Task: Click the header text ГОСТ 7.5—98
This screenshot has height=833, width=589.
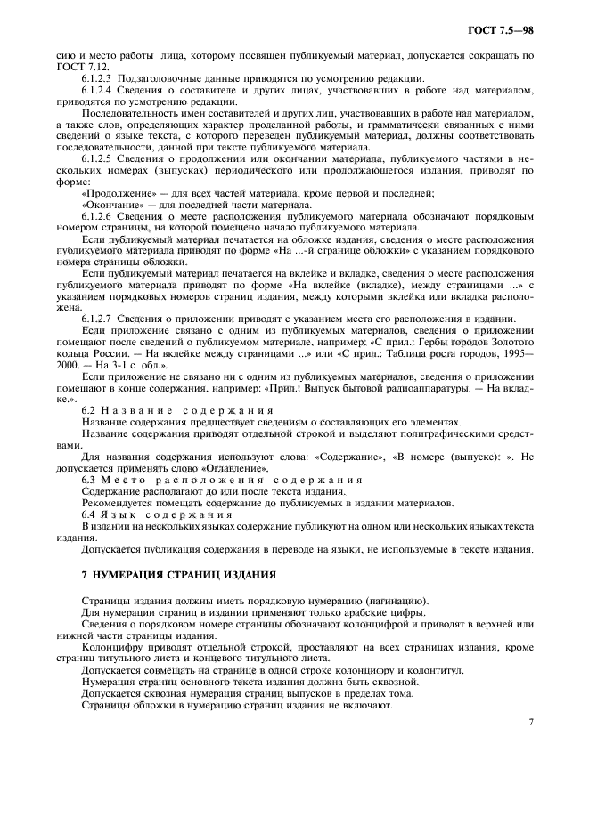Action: coord(504,33)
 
